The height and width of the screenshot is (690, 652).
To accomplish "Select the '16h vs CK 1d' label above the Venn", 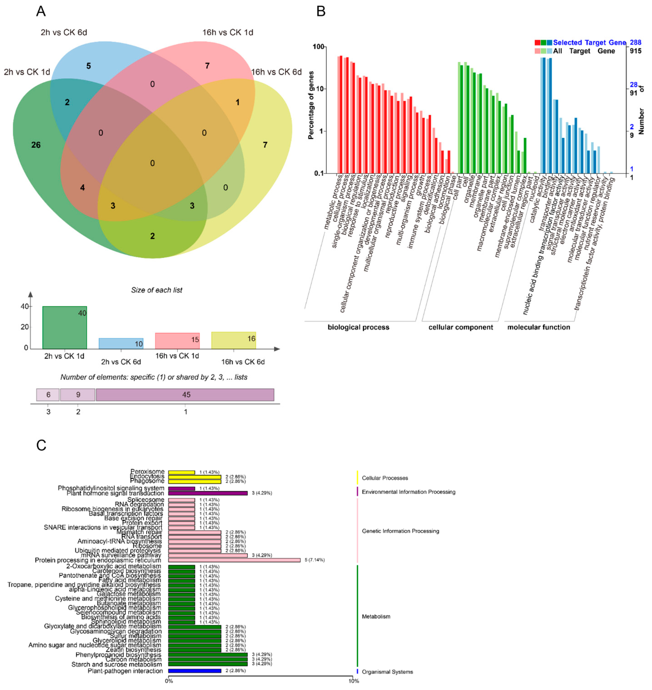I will click(x=228, y=32).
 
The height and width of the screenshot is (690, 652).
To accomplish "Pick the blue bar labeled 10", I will click(x=121, y=343).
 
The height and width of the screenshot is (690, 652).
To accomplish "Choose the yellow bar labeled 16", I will click(x=234, y=340).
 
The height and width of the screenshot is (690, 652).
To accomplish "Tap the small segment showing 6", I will click(x=48, y=395).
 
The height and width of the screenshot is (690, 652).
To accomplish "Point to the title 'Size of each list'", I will click(x=156, y=290).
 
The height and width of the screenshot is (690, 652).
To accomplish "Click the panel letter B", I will click(x=321, y=12).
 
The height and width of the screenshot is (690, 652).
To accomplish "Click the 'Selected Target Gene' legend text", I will click(x=589, y=43).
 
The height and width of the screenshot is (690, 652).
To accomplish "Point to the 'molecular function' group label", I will click(x=539, y=327).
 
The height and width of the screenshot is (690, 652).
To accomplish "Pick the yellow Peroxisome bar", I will click(x=181, y=472).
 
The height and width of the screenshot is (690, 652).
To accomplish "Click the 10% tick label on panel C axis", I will click(x=353, y=681).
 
